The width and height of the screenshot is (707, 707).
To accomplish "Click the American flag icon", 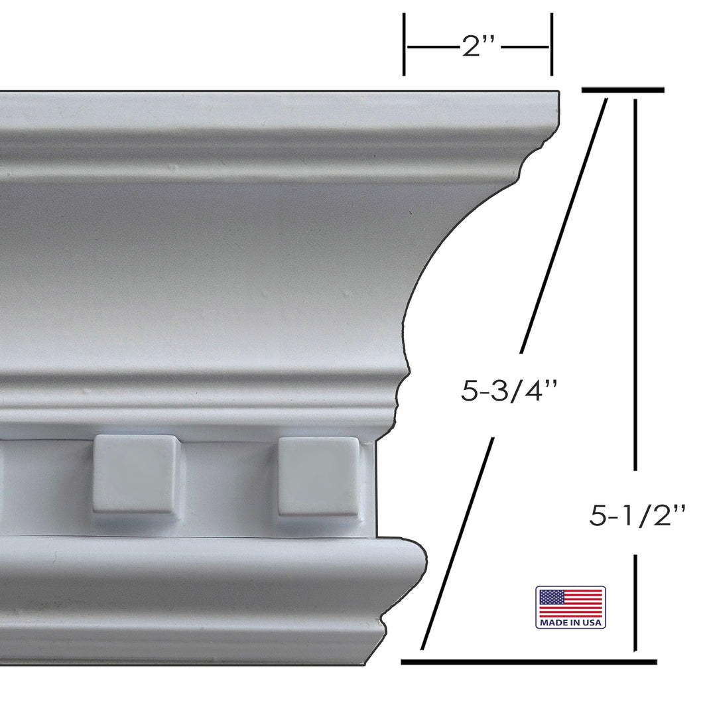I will pos(570,603).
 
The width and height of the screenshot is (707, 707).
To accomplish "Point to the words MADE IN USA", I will pos(570,623).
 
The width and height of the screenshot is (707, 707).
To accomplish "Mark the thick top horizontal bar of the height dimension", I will pos(622,89).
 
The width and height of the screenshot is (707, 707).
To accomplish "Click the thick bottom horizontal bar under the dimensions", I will pos(529,661).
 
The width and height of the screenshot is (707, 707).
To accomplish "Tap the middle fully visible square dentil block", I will pos(137,474).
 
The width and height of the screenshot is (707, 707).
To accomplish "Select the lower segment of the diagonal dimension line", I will pos(458,544).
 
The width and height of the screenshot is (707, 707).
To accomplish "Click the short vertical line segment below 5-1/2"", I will pos(636,602).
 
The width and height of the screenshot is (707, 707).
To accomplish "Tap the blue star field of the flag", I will pos(548,599).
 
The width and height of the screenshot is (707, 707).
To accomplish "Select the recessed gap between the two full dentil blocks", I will pos(227,478).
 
